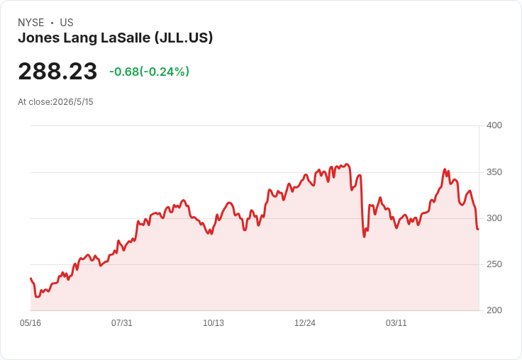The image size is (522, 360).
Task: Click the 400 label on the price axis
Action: click(494, 125)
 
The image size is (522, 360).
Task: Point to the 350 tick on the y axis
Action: click(494, 172)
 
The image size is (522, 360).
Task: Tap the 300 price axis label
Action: click(494, 218)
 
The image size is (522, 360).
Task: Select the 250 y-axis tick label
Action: click(494, 264)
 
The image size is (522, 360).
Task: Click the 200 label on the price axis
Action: click(494, 310)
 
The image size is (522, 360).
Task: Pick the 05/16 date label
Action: click(30, 323)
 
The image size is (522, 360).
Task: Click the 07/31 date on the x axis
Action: click(122, 323)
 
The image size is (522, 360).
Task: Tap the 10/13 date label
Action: click(213, 323)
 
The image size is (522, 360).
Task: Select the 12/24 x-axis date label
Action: click(305, 323)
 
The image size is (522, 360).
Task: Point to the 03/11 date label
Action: click(396, 323)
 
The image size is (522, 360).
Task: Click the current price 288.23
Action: click(57, 71)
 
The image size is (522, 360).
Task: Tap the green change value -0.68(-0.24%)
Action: click(149, 72)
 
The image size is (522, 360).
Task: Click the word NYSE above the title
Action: click(31, 23)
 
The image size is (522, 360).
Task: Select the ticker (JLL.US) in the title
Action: click(184, 38)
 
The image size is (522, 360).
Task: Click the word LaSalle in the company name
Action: click(126, 38)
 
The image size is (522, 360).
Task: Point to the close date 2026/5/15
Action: click(73, 102)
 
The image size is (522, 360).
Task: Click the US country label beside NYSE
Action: click(67, 23)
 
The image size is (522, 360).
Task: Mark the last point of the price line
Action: click(479, 229)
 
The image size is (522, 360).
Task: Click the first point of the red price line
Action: click(31, 279)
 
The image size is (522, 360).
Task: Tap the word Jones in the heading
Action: click(39, 38)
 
